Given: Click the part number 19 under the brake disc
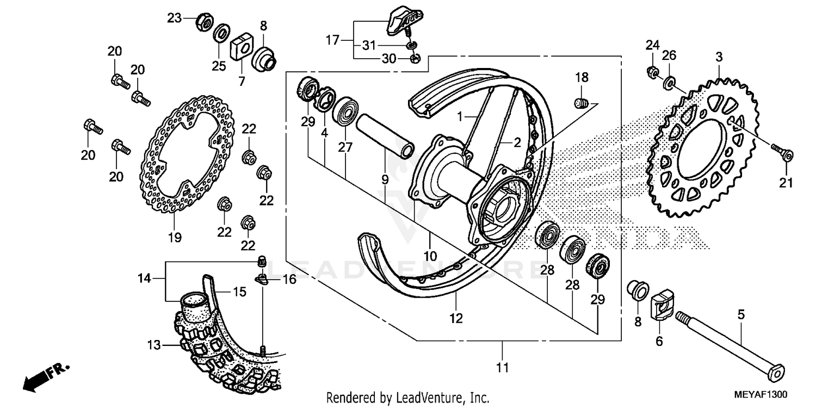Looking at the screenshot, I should (x=175, y=238).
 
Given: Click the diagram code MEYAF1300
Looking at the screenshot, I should (x=762, y=393).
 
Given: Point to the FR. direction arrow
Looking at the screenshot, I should (x=46, y=375).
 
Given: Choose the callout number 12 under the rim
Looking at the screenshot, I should (x=456, y=318).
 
